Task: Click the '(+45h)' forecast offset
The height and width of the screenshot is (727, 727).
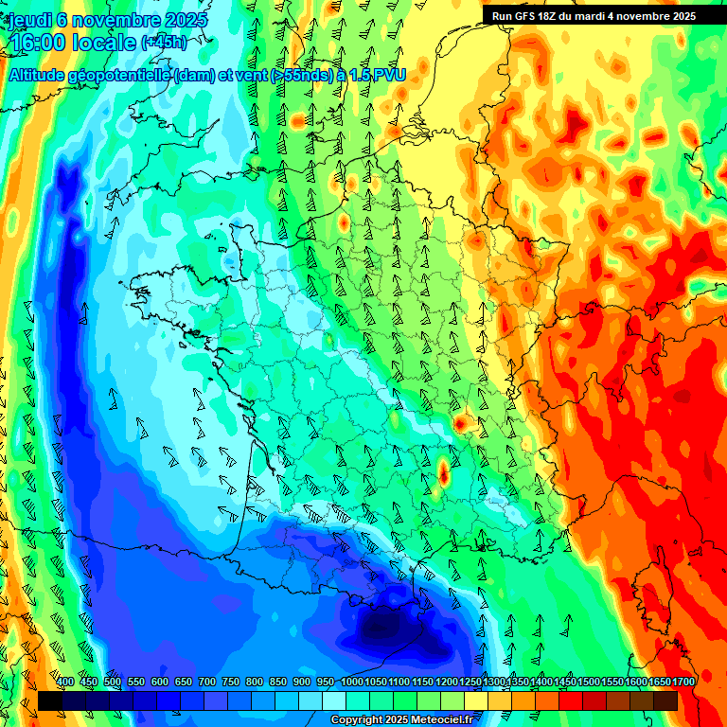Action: point(164,43)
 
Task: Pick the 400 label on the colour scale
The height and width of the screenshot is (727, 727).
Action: point(65,683)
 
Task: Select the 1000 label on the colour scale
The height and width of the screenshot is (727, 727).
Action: point(352,683)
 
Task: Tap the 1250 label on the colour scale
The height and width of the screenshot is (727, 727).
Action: point(470,683)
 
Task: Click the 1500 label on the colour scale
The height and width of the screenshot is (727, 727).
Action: point(589,683)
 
